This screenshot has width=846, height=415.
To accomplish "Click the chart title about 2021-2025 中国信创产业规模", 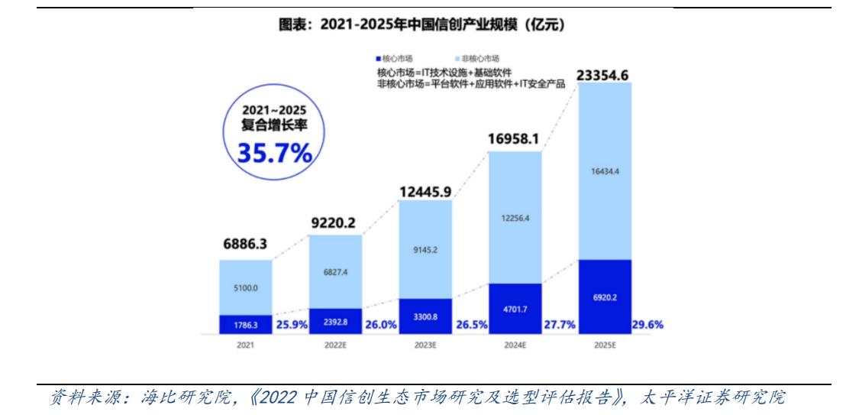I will [x=422, y=26].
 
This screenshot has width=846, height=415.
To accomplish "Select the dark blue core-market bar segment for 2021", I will [x=244, y=324].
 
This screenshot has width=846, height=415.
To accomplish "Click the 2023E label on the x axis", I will [x=425, y=345].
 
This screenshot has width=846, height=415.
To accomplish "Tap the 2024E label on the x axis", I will [x=515, y=345].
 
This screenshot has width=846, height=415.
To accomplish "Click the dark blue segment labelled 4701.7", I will [x=515, y=308].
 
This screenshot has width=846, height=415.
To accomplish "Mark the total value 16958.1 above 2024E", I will [x=515, y=140].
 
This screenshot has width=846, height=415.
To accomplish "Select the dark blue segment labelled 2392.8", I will [x=335, y=321].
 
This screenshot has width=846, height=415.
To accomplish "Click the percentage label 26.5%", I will [x=471, y=324].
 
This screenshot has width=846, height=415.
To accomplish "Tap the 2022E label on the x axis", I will [x=335, y=345].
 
